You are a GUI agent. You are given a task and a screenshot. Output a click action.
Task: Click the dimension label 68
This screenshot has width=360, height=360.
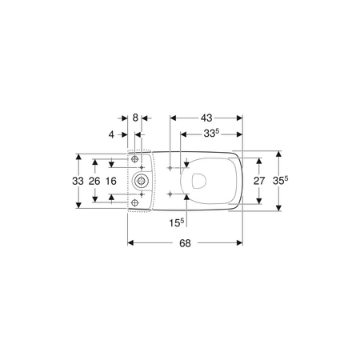click(185, 243)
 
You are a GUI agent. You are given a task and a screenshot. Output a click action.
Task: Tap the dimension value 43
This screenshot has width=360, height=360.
click(206, 118)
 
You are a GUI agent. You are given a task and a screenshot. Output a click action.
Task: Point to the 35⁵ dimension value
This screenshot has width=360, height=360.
click(280, 181)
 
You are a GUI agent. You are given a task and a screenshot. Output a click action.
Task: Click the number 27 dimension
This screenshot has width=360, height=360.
click(259, 181)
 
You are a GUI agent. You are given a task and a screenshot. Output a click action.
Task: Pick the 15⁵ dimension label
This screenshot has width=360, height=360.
click(177, 222)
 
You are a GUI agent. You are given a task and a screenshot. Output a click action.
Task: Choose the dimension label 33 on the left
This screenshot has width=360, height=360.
click(78, 181)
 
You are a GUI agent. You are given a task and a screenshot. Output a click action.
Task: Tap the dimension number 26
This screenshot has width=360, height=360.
click(94, 181)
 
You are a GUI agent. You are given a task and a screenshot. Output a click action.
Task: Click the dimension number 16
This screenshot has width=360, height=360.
click(111, 181)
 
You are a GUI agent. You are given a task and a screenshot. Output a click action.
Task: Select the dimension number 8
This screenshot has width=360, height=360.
click(135, 118)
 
